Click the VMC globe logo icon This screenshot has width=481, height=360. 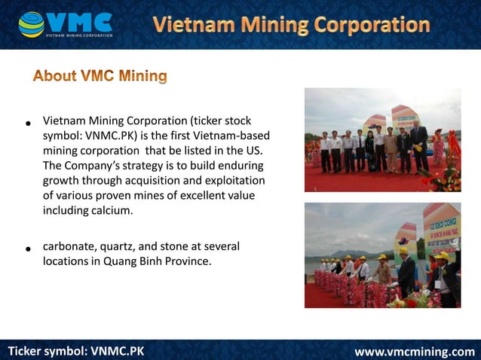click(32, 24)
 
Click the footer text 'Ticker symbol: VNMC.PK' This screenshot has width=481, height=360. click(75, 351)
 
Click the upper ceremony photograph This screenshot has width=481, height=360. click(382, 140)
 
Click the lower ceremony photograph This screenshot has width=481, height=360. click(382, 255)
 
